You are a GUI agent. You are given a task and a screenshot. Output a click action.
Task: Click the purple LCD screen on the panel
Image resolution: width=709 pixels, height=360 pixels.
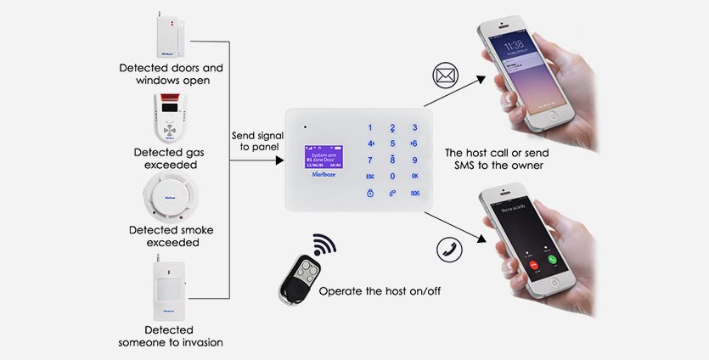pyautogui.click(x=321, y=157)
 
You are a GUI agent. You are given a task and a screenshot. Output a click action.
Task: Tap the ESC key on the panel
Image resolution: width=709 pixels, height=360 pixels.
pyautogui.click(x=370, y=176)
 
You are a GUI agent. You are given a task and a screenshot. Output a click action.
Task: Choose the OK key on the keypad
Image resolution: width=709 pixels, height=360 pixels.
pyautogui.click(x=414, y=176)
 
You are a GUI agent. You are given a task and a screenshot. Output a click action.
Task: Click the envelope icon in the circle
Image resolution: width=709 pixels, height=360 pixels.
pyautogui.click(x=444, y=76)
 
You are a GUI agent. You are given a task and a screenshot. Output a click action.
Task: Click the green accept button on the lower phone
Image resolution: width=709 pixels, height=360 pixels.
pyautogui.click(x=553, y=259)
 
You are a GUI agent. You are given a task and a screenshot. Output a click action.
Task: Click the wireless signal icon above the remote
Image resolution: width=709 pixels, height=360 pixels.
pyautogui.click(x=324, y=246)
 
